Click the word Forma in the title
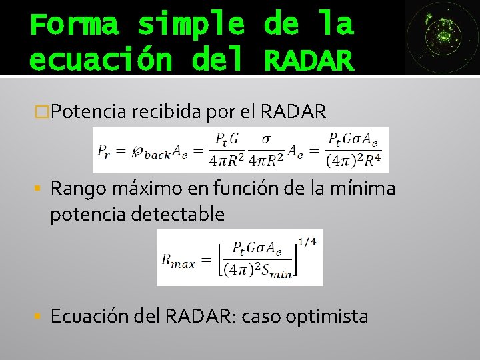74,25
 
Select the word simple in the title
191,25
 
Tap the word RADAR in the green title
308,60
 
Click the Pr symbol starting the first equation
104,151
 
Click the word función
243,189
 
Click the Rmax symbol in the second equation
178,261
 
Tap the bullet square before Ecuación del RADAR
42,315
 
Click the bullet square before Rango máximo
42,189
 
